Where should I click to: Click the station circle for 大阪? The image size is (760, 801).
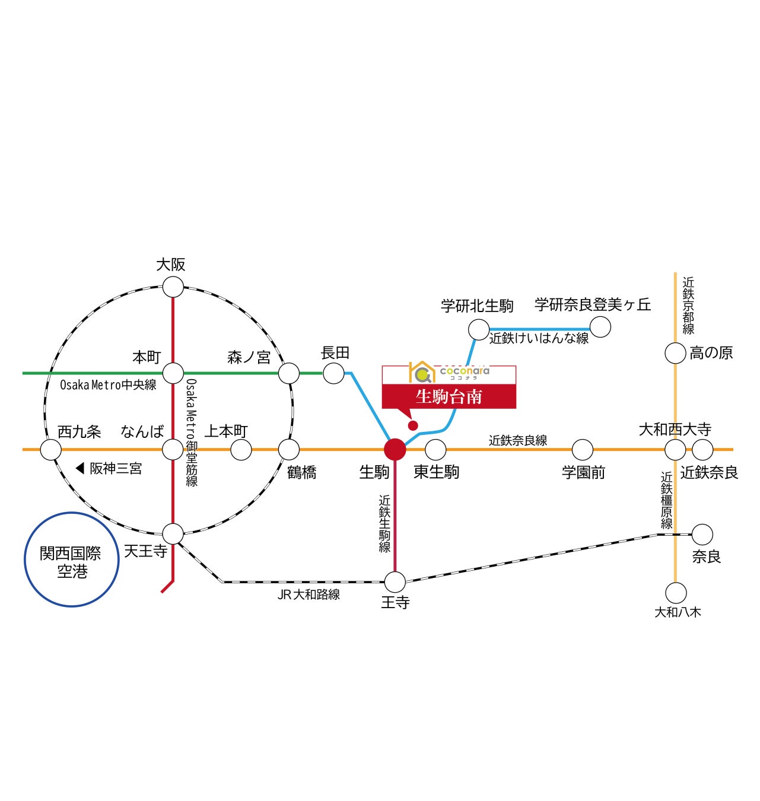click(x=173, y=287)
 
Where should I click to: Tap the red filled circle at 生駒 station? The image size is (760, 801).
click(x=395, y=449)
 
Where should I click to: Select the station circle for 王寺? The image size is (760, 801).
click(x=395, y=582)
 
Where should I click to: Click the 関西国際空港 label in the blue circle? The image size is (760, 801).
click(x=71, y=561)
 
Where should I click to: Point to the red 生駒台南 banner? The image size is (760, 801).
click(x=449, y=396)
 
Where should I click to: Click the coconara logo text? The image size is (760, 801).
click(x=465, y=371)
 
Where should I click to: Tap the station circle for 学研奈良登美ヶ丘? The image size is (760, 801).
click(x=600, y=327)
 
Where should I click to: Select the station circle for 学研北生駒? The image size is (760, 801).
click(x=479, y=329)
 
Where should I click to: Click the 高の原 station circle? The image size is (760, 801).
click(x=675, y=354)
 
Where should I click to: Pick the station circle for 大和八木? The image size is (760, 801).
click(x=676, y=593)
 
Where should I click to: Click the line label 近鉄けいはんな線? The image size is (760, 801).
click(x=539, y=339)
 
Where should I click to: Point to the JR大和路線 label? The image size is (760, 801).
click(x=309, y=595)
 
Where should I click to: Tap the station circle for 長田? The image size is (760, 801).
click(x=333, y=373)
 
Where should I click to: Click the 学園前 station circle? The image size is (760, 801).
click(x=583, y=450)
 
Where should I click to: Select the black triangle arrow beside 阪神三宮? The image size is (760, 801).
click(x=80, y=469)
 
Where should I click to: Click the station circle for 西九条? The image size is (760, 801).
click(x=50, y=450)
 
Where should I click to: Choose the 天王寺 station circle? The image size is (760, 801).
click(x=173, y=533)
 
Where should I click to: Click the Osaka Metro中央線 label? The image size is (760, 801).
click(x=108, y=385)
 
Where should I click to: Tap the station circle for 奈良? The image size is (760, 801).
click(x=702, y=535)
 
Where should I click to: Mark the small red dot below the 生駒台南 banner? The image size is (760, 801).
click(x=413, y=425)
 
